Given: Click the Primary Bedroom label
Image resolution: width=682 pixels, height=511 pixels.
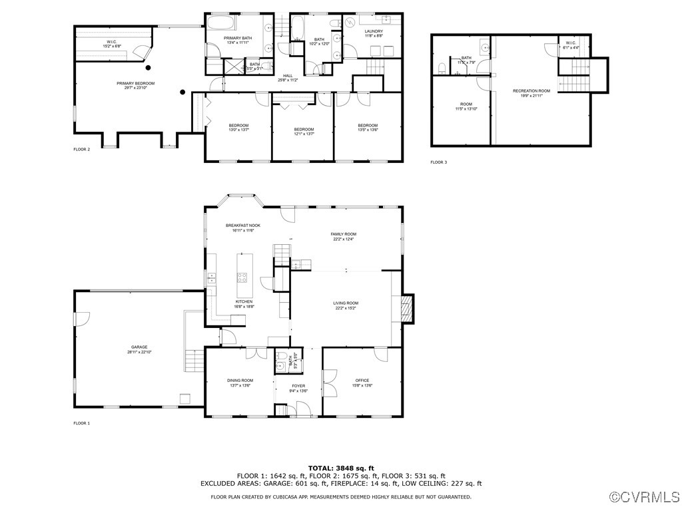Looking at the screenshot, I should click(135, 83).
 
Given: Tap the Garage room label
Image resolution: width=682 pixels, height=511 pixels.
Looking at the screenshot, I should click(139, 347).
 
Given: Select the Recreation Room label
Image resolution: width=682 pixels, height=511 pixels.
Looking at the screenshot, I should click(531, 90).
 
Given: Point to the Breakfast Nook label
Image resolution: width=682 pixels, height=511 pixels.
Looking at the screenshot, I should click(242, 226).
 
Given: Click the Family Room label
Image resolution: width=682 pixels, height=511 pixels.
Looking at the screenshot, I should click(344, 234).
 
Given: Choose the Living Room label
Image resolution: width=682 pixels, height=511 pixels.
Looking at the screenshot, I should click(345, 303).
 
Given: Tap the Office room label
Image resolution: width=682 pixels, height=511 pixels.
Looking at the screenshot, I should click(362, 381).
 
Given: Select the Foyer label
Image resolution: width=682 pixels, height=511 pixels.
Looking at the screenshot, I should click(298, 386).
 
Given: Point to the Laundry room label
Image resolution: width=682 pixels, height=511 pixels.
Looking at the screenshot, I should click(373, 31).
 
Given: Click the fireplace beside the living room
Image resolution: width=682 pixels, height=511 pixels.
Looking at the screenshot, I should click(407, 308).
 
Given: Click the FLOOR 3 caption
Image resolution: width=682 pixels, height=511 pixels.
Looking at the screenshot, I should click(438, 162).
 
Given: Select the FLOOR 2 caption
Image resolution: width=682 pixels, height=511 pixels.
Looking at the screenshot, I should click(81, 150).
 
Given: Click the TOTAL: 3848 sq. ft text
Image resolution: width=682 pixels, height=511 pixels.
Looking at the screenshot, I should click(341, 468).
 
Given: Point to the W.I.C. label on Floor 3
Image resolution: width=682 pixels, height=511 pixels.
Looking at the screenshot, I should click(571, 45).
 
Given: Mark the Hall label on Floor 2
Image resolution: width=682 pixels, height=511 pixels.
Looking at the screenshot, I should click(288, 76).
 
